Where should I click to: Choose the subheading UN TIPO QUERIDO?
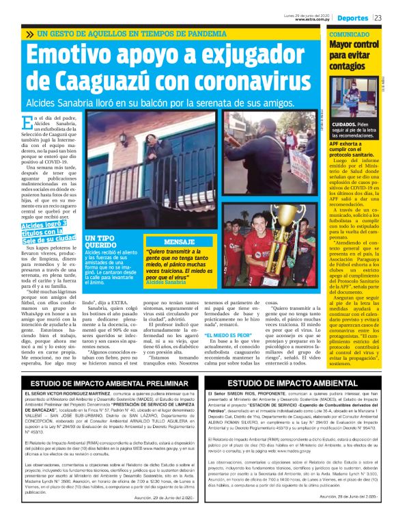click(100, 241)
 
